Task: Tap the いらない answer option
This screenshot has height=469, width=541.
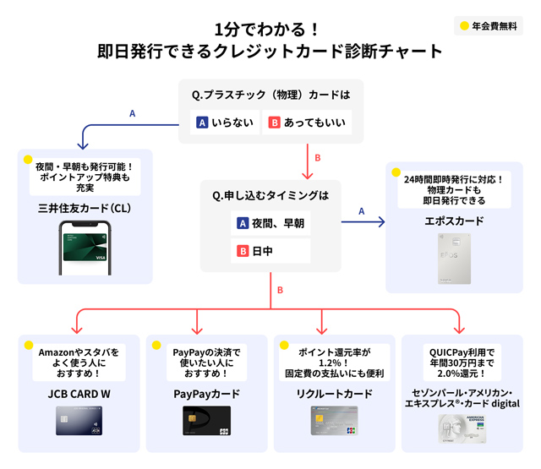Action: click(x=224, y=123)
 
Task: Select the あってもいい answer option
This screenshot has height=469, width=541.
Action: click(x=306, y=123)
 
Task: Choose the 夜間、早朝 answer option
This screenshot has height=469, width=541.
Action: click(x=270, y=224)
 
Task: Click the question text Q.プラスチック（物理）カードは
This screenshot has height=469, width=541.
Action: click(x=270, y=94)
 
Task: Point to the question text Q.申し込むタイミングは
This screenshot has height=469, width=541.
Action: click(x=270, y=195)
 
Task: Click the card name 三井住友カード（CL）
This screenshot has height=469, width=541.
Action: click(x=84, y=207)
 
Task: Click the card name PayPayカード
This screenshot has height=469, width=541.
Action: click(x=206, y=393)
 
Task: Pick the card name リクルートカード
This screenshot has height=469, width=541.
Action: click(x=335, y=393)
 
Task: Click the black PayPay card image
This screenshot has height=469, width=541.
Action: click(x=206, y=421)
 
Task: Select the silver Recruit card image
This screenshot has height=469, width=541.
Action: click(x=335, y=421)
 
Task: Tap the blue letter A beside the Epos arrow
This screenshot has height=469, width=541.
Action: click(x=361, y=211)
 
